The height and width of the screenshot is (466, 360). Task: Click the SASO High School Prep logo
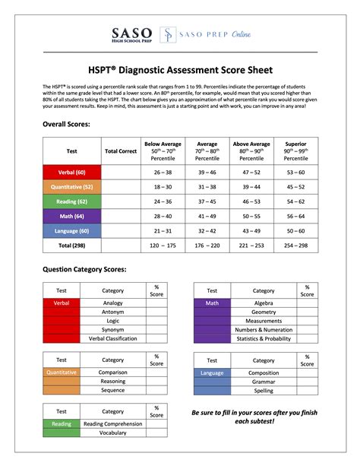pyautogui.click(x=132, y=36)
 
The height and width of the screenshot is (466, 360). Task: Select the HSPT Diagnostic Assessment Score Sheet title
pyautogui.click(x=179, y=69)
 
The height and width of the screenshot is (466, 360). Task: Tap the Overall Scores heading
pyautogui.click(x=67, y=123)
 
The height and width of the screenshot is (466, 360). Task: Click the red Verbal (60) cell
pyautogui.click(x=72, y=173)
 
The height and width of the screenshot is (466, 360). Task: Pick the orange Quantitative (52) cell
pyautogui.click(x=72, y=186)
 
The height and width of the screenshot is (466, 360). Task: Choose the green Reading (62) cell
pyautogui.click(x=72, y=201)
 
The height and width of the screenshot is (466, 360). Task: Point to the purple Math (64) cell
pyautogui.click(x=72, y=216)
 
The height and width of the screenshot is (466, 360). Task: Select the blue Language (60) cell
pyautogui.click(x=72, y=230)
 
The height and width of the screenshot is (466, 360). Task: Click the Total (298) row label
pyautogui.click(x=72, y=246)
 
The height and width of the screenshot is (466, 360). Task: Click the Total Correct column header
pyautogui.click(x=120, y=151)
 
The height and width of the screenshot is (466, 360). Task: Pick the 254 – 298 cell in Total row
pyautogui.click(x=295, y=246)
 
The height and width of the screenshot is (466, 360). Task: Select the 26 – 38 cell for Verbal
pyautogui.click(x=163, y=173)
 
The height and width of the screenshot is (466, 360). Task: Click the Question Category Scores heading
pyautogui.click(x=84, y=270)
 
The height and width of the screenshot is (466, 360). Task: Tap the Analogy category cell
pyautogui.click(x=112, y=303)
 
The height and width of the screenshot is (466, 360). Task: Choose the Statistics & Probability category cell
pyautogui.click(x=264, y=338)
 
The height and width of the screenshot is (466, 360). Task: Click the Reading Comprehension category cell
pyautogui.click(x=112, y=423)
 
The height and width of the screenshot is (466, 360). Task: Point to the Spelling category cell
pyautogui.click(x=264, y=391)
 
